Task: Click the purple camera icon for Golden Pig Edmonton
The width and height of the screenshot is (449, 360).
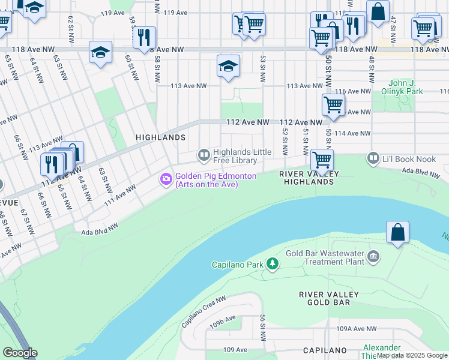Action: pyautogui.click(x=166, y=179)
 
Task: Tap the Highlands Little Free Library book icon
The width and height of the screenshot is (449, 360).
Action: pyautogui.click(x=204, y=156)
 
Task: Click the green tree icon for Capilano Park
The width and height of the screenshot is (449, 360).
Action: pyautogui.click(x=273, y=264)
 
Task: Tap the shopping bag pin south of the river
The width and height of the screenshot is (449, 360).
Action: pyautogui.click(x=397, y=233)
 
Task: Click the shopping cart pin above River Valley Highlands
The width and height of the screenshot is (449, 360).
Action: pyautogui.click(x=322, y=160)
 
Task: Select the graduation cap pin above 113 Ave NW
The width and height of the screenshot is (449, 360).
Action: pyautogui.click(x=228, y=67)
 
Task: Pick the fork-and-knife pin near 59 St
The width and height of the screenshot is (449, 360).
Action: pyautogui.click(x=144, y=38)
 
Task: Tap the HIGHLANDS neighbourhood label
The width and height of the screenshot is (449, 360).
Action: pyautogui.click(x=160, y=137)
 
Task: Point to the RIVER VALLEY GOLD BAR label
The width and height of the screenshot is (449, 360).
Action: pyautogui.click(x=329, y=298)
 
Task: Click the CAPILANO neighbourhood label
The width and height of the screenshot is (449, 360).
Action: pyautogui.click(x=325, y=350)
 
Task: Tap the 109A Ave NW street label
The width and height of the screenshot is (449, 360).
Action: pyautogui.click(x=356, y=329)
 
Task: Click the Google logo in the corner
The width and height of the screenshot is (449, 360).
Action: pyautogui.click(x=20, y=353)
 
